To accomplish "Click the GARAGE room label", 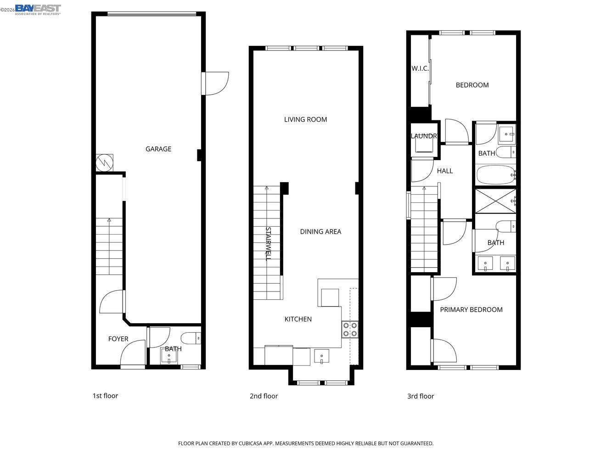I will tap(158, 149).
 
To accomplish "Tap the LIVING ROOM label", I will tap(305, 119).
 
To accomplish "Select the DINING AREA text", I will tap(320, 231).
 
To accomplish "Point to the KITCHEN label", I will tap(298, 319).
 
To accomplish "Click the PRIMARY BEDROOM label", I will tap(471, 309).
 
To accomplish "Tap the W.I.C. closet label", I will tap(420, 68).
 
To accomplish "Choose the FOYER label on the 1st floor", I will tap(118, 339).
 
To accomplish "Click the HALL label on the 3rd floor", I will tap(444, 171).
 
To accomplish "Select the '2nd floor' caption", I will tap(264, 396).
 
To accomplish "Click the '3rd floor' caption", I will tap(421, 396).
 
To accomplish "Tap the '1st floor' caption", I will tap(105, 395).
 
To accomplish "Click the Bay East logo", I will tap(38, 9).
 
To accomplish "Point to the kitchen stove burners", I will tap(350, 330).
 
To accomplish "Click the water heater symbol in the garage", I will tap(104, 162).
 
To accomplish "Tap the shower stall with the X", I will tap(495, 201).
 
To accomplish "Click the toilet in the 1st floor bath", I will tap(191, 339).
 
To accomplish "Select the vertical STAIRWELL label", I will tap(268, 243).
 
